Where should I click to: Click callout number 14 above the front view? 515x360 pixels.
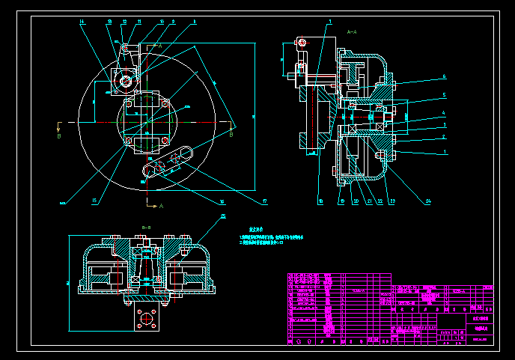coord(82,22)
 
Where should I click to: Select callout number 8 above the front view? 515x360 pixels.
coord(195,22)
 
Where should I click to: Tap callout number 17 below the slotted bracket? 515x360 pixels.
coord(264,201)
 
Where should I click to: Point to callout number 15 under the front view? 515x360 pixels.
coord(94,201)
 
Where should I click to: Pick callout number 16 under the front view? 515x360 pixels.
coord(222,201)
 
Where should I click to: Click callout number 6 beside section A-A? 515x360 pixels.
coord(444,76)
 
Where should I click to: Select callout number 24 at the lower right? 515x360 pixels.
coord(429,201)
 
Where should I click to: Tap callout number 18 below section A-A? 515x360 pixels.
coord(320,201)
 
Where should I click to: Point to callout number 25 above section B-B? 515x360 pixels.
coord(222,217)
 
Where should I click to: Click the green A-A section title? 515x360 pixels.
coord(353,32)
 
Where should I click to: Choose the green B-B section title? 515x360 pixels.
coord(147,226)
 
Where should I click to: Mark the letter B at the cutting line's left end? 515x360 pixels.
coord(59,136)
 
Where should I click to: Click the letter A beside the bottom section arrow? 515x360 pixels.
coord(161,205)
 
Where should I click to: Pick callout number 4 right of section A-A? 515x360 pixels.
coord(444,113)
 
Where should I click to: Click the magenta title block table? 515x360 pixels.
coord(390,308)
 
